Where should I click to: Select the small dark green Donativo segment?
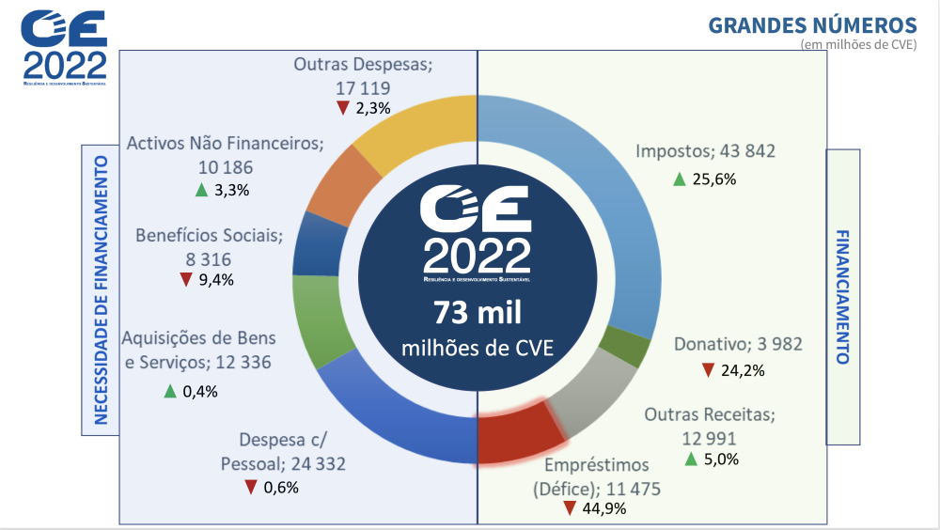click(624, 349)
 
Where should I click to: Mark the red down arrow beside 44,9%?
click(570, 508)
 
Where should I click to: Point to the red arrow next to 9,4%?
click(185, 279)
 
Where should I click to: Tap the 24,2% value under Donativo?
click(743, 370)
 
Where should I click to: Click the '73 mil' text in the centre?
click(477, 313)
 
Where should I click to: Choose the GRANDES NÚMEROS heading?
click(812, 24)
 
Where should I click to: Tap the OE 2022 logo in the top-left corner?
click(65, 47)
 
